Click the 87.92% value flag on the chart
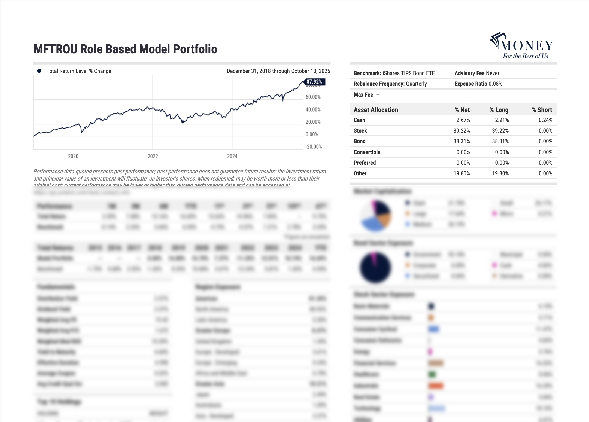(314, 82)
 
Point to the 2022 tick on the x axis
(153, 156)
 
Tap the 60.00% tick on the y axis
(313, 97)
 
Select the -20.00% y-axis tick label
(314, 147)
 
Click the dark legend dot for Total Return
(39, 71)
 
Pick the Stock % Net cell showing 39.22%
(462, 131)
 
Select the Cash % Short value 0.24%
(545, 120)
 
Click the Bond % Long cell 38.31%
(500, 141)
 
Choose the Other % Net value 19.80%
(462, 173)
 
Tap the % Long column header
(499, 110)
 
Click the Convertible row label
(367, 152)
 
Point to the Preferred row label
(365, 163)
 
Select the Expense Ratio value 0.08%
(495, 84)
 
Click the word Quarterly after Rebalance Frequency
(416, 84)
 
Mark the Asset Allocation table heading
(376, 110)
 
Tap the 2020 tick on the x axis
(73, 156)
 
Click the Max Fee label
(364, 95)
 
